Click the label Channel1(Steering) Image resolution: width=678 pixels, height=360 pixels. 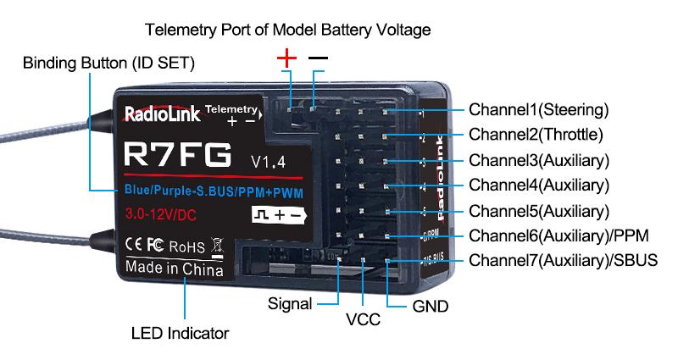tap(538, 110)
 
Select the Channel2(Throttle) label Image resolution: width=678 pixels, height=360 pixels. tap(536, 135)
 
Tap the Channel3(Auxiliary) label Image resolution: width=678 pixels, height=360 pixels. tap(538, 160)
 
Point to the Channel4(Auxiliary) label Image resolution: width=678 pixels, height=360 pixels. tap(538, 185)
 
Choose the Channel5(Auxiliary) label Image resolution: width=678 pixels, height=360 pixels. tap(538, 210)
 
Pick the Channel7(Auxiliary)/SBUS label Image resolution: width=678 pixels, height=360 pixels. tap(563, 260)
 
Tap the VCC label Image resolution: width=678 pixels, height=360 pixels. tap(363, 319)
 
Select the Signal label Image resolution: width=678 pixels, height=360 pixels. tap(290, 302)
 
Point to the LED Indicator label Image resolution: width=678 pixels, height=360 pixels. tap(180, 333)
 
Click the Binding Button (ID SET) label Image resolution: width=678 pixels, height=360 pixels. tap(108, 64)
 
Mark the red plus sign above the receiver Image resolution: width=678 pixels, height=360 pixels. tap(288, 58)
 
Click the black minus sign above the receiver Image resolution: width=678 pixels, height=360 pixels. tap(318, 58)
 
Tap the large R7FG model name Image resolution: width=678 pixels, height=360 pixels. tap(177, 155)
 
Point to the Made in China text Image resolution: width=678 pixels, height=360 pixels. tap(175, 269)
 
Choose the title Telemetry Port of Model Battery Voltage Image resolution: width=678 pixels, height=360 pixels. tap(288, 30)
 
